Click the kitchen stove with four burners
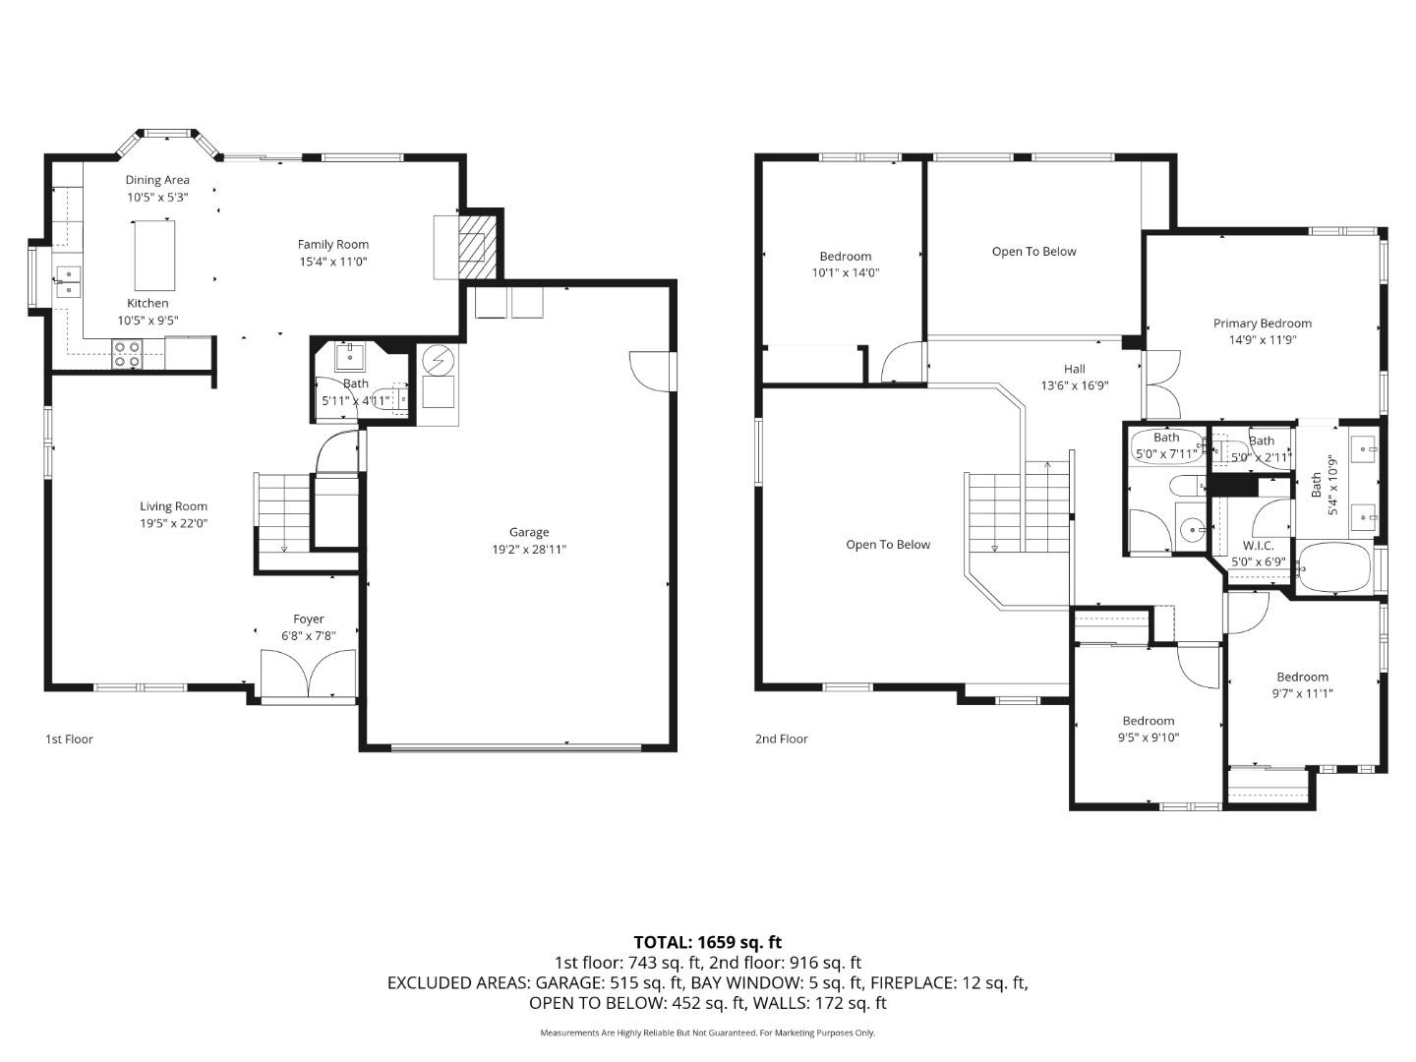pyautogui.click(x=127, y=354)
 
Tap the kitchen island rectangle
pyautogui.click(x=154, y=255)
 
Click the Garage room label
pyautogui.click(x=529, y=532)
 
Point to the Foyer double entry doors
pyautogui.click(x=309, y=674)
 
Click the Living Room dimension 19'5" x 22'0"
pyautogui.click(x=173, y=523)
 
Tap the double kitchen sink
pyautogui.click(x=68, y=280)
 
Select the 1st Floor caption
pyautogui.click(x=69, y=738)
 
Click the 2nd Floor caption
pyautogui.click(x=781, y=738)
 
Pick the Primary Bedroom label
pyautogui.click(x=1262, y=324)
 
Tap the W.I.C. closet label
pyautogui.click(x=1258, y=546)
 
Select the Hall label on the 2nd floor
pyautogui.click(x=1074, y=369)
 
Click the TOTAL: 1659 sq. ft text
pyautogui.click(x=707, y=942)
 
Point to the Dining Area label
pyautogui.click(x=157, y=180)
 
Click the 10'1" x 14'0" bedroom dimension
pyautogui.click(x=845, y=272)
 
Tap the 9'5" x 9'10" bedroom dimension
pyautogui.click(x=1148, y=737)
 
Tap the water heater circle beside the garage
pyautogui.click(x=438, y=361)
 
